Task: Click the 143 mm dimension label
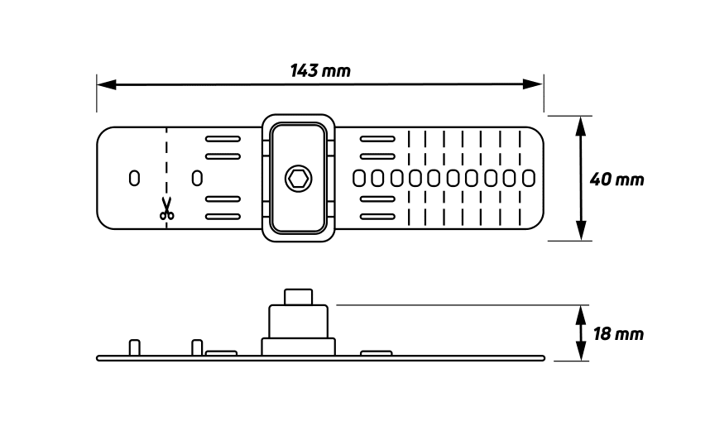320,70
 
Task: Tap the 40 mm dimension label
616,179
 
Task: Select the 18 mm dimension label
618,334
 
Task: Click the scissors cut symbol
166,208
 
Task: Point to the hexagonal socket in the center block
299,179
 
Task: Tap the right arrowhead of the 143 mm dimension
533,84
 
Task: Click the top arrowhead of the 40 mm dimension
581,126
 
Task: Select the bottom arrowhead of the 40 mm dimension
581,231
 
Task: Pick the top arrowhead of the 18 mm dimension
581,313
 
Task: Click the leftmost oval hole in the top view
135,178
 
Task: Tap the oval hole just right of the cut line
197,178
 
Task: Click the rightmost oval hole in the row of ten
529,179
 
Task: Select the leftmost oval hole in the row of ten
359,179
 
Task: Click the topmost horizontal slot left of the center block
223,139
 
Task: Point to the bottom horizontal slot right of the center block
377,217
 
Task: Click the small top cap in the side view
299,297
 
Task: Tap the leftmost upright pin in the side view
135,347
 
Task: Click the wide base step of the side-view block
299,347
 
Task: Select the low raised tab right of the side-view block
377,353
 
